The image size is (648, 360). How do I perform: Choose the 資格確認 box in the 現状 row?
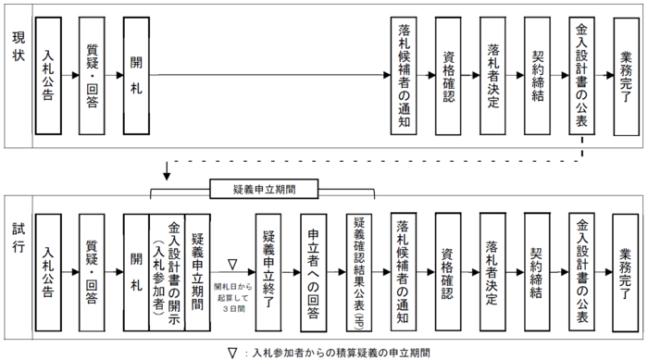tap(449, 74)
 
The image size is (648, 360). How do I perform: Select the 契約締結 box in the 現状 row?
tap(538, 74)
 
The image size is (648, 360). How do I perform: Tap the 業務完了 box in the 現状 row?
tap(627, 74)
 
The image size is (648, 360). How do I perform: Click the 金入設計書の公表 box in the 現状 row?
tap(583, 74)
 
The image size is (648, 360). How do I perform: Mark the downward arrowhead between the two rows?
tap(167, 176)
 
